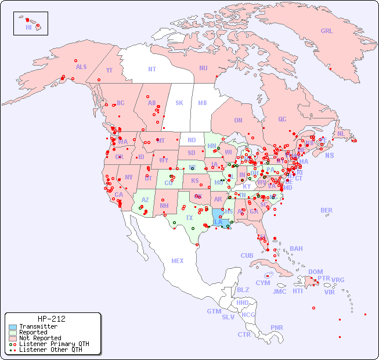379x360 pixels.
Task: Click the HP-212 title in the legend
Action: tap(51, 319)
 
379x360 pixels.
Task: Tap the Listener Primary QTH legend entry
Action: tap(53, 344)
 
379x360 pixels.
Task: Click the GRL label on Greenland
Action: tap(327, 31)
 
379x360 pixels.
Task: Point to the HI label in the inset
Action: tap(28, 27)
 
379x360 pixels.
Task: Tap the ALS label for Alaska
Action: tap(81, 67)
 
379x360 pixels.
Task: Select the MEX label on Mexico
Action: tap(178, 261)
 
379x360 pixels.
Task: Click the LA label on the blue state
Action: tap(218, 222)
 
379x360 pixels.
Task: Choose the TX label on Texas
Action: tap(189, 218)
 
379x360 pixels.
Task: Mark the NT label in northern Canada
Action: tap(152, 69)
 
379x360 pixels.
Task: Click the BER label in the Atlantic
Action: tap(327, 210)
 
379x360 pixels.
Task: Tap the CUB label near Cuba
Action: tap(247, 255)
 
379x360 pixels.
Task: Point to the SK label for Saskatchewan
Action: tap(179, 103)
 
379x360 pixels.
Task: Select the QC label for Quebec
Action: tap(282, 119)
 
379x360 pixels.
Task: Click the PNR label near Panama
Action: tap(277, 327)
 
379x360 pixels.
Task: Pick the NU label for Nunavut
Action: tap(203, 68)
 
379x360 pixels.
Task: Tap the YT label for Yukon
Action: tap(109, 70)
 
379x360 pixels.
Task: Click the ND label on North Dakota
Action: tap(192, 140)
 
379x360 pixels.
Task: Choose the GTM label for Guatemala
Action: tap(214, 311)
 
